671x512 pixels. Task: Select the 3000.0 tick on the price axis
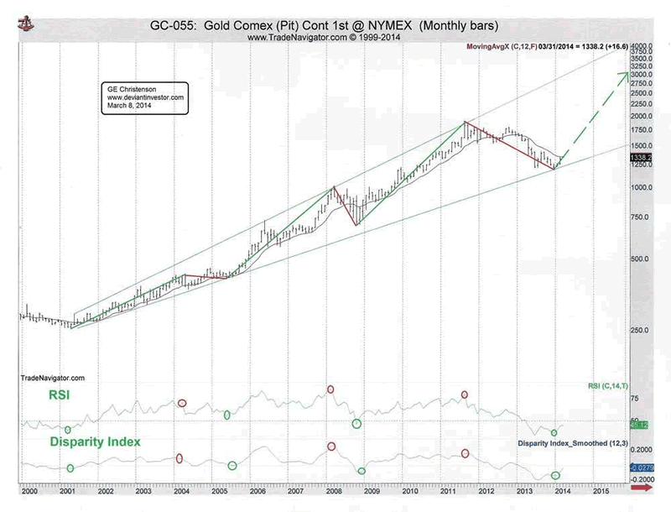pos(642,75)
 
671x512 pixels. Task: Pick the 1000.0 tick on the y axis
pos(642,187)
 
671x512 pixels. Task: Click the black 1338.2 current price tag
pos(640,156)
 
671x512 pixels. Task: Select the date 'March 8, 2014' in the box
pos(126,106)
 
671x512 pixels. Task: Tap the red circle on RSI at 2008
pos(330,389)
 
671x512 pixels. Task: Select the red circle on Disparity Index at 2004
pos(180,458)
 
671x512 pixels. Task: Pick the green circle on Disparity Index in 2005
pos(232,466)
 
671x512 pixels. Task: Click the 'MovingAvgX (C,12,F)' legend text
pos(500,44)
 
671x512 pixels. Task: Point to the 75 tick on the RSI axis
pos(635,400)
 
